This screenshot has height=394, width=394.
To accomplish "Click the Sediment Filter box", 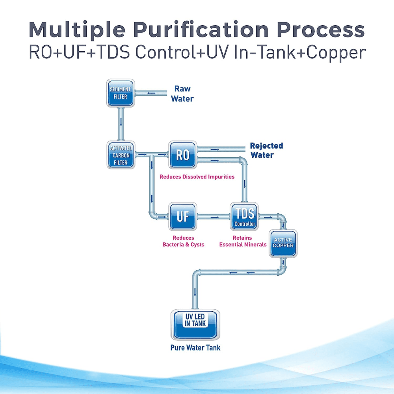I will pos(121,93).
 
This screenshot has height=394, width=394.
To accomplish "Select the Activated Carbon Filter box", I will pos(121,155).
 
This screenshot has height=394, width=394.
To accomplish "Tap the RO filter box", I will pos(182,155).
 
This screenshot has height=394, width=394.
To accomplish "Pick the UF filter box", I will pos(182,216).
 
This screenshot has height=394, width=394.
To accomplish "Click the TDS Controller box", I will pos(245,216).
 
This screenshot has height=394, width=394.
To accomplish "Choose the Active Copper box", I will pos(283,243).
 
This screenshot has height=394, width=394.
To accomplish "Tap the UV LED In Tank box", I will pos(195,324).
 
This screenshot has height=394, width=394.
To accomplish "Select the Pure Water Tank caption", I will pos(195,348).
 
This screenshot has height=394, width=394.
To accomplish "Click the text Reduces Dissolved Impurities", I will pos(197,177).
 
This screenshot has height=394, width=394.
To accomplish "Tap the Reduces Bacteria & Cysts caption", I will pos(183,241).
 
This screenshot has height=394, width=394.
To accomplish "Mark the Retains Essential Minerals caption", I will pos(242,241).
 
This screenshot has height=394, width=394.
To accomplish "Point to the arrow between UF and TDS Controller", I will pos(214,216).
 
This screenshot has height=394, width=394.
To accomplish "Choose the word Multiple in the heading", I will pos(78,30).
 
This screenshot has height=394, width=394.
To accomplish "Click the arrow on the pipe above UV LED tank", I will pos(195,292).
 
